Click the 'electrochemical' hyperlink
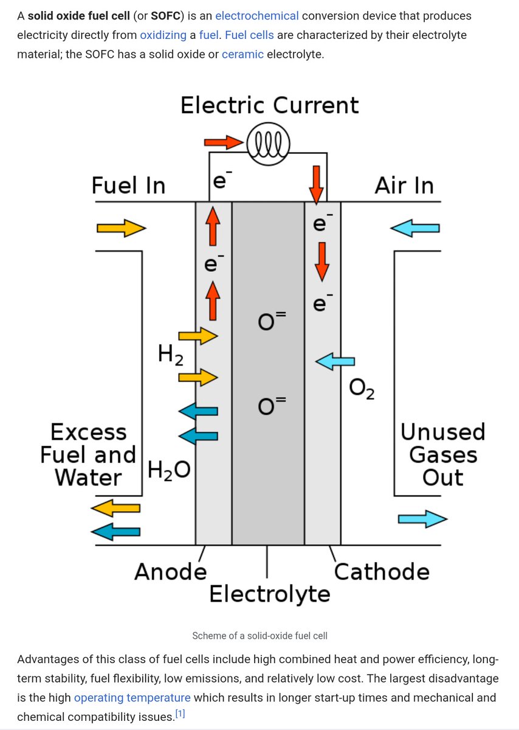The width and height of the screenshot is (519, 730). pos(256,15)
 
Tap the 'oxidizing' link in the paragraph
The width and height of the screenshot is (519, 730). pos(163,35)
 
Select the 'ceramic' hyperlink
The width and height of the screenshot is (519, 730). pos(242,54)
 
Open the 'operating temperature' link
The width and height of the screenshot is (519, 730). pos(132,697)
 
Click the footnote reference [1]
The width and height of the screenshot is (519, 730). pos(179,714)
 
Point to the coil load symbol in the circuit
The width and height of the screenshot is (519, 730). pos(268,145)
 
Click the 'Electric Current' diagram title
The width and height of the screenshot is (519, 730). pos(269,105)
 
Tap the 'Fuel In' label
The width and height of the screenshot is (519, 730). pos(128,185)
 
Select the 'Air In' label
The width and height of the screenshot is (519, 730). pos(404,185)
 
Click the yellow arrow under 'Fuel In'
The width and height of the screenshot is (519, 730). pos(121,228)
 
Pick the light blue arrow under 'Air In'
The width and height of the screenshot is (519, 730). pos(414,228)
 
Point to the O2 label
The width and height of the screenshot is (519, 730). pos(362,390)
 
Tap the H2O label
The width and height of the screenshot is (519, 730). pos(169,469)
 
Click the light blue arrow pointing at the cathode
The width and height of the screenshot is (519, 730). pos(334,362)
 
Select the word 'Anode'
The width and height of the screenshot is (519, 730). pos(170,572)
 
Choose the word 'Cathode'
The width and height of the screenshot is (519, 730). pos(382,572)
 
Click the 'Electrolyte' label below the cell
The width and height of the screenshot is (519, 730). pos(269,593)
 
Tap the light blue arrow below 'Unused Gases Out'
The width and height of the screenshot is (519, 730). pos(422,519)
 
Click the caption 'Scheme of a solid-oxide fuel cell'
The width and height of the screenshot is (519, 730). pos(259,636)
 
